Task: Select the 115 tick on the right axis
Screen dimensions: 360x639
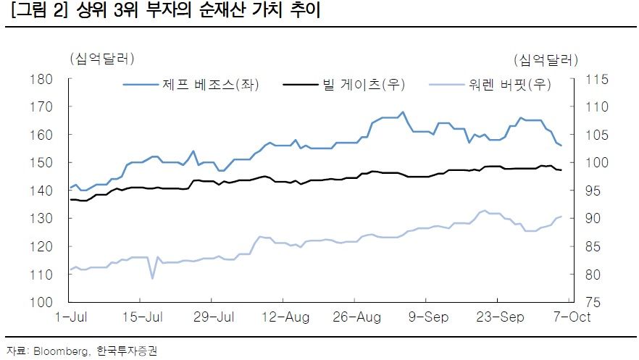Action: pyautogui.click(x=590, y=79)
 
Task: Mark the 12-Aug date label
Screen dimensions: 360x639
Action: pyautogui.click(x=284, y=317)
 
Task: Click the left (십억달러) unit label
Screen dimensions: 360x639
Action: pyautogui.click(x=101, y=59)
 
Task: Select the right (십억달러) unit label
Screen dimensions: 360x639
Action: pyautogui.click(x=545, y=59)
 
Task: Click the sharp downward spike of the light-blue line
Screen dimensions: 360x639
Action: pyautogui.click(x=152, y=277)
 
